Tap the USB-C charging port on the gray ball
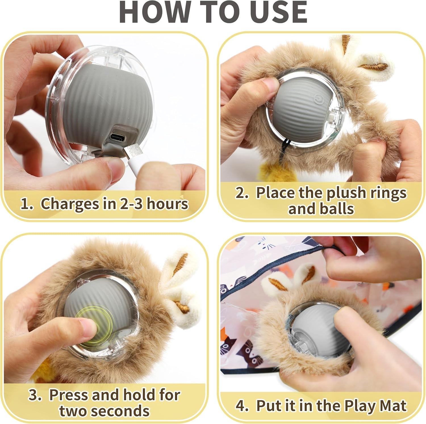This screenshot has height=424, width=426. tap(118, 137)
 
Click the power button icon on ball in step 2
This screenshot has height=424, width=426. tap(318, 99)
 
